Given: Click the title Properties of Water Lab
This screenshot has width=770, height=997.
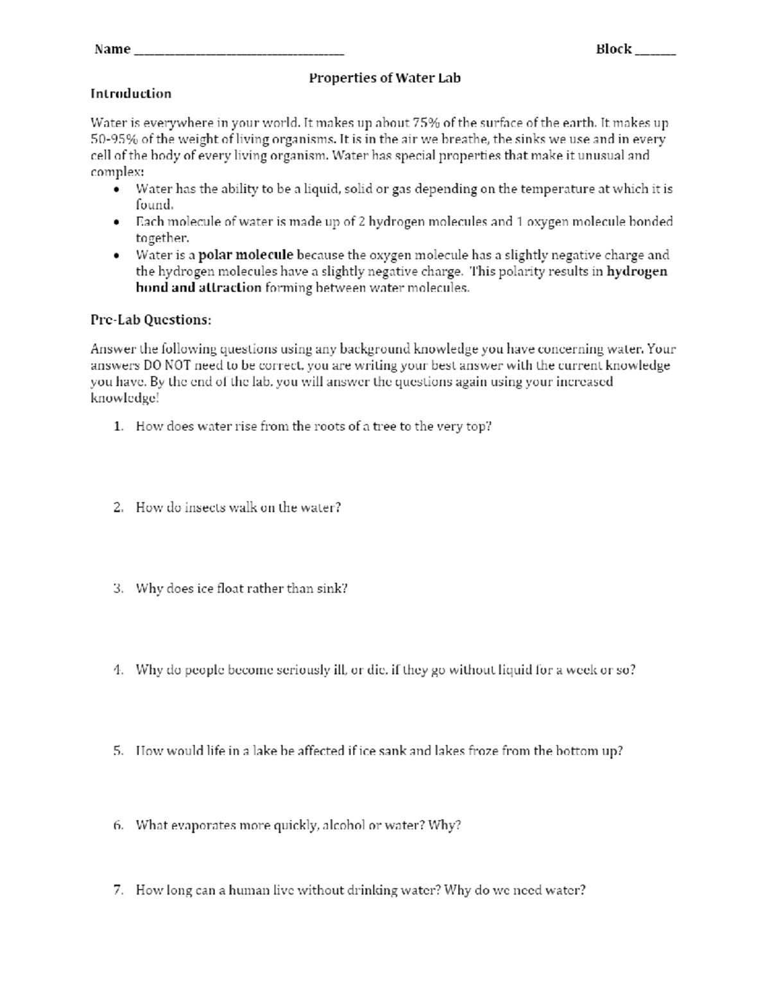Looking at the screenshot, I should (x=384, y=78).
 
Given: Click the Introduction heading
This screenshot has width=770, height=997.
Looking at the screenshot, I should (x=131, y=94).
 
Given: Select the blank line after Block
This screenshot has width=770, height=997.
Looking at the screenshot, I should (x=655, y=51).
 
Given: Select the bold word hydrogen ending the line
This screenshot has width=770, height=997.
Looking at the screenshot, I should (x=637, y=272).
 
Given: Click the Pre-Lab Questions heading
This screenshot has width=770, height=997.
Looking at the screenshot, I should (x=151, y=320).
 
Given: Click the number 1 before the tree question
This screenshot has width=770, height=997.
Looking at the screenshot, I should (x=117, y=427).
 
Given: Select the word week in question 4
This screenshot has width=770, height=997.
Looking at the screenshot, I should (x=581, y=670).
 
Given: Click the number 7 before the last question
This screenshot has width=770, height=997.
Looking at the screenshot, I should (x=117, y=891).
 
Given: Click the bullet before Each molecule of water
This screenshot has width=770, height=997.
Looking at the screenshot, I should (x=116, y=223).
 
